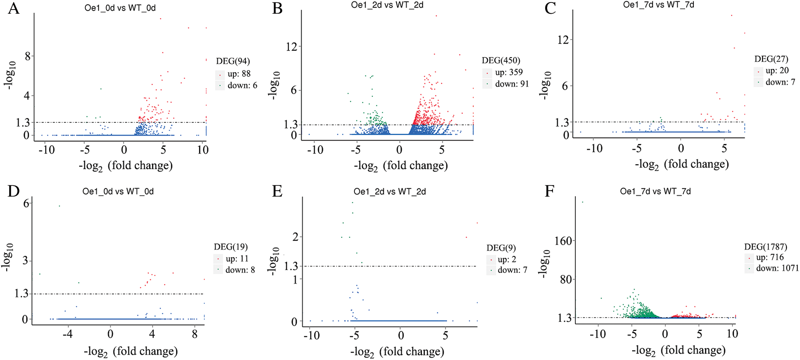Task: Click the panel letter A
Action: tap(14, 8)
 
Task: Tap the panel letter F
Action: tap(550, 192)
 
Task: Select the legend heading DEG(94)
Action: tap(233, 61)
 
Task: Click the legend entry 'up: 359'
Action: tap(509, 72)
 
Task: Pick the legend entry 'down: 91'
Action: tap(512, 84)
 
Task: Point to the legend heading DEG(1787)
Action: tap(765, 247)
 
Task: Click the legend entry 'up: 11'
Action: tap(237, 259)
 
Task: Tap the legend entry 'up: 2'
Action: tap(507, 260)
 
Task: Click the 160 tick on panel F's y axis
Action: tap(563, 241)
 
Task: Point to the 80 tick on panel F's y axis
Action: tap(566, 280)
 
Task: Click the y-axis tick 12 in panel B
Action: tap(291, 47)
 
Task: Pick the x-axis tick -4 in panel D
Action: tap(67, 334)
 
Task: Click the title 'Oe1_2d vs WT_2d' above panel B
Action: tap(387, 5)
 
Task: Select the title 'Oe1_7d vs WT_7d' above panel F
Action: tap(655, 192)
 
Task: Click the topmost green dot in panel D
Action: tap(59, 206)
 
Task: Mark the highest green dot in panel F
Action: tap(582, 202)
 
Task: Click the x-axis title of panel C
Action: tap(681, 165)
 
